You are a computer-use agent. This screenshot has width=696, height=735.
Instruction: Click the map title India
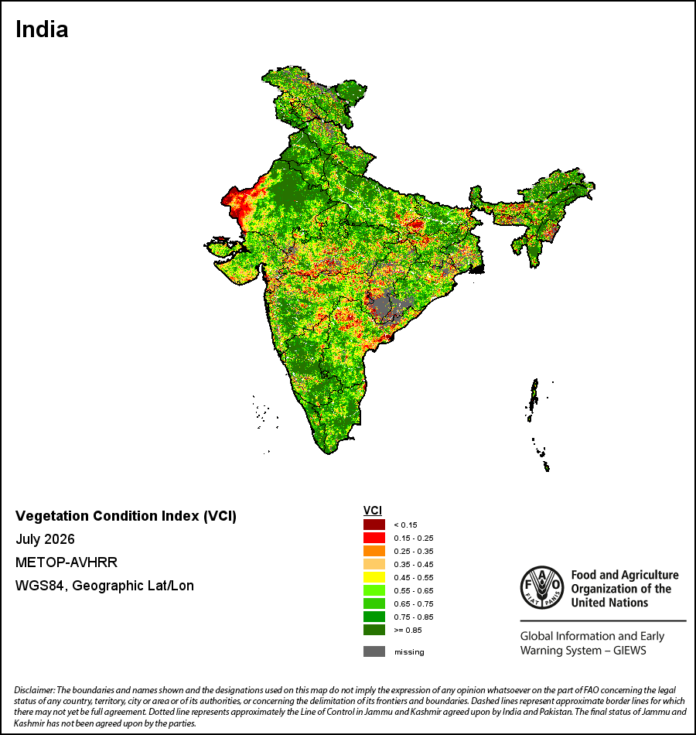(42, 29)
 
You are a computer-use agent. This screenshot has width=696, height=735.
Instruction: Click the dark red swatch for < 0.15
(374, 525)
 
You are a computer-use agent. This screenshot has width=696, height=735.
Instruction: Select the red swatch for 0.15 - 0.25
(374, 538)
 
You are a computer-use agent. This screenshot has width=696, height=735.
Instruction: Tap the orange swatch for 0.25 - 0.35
(374, 551)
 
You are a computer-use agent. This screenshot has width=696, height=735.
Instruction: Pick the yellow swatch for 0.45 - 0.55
(374, 577)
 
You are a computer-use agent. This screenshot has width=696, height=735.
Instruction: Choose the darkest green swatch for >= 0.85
(374, 630)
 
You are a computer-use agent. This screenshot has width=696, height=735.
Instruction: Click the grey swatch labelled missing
(374, 651)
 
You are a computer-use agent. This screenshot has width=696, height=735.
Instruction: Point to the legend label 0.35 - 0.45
(414, 564)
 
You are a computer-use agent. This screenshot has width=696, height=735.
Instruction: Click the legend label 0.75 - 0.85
(414, 617)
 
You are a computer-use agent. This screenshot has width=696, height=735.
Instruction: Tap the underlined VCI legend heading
(373, 511)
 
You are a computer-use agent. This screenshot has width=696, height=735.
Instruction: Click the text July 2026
(45, 539)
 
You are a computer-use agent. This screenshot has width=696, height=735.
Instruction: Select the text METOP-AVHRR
(66, 562)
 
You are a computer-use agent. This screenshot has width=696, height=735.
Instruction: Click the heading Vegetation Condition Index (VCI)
(125, 515)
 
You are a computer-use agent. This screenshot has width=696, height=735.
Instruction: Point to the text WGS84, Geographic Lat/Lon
(104, 586)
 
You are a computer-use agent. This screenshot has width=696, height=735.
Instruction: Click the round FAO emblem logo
(542, 588)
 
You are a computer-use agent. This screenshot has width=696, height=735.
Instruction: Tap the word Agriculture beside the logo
(649, 575)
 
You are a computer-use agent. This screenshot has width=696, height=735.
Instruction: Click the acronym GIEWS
(629, 651)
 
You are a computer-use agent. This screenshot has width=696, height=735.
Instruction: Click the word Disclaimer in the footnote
(34, 690)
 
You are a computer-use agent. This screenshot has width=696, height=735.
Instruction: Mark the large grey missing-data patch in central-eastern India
(389, 305)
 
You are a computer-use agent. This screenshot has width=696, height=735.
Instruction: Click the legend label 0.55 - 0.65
(414, 590)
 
